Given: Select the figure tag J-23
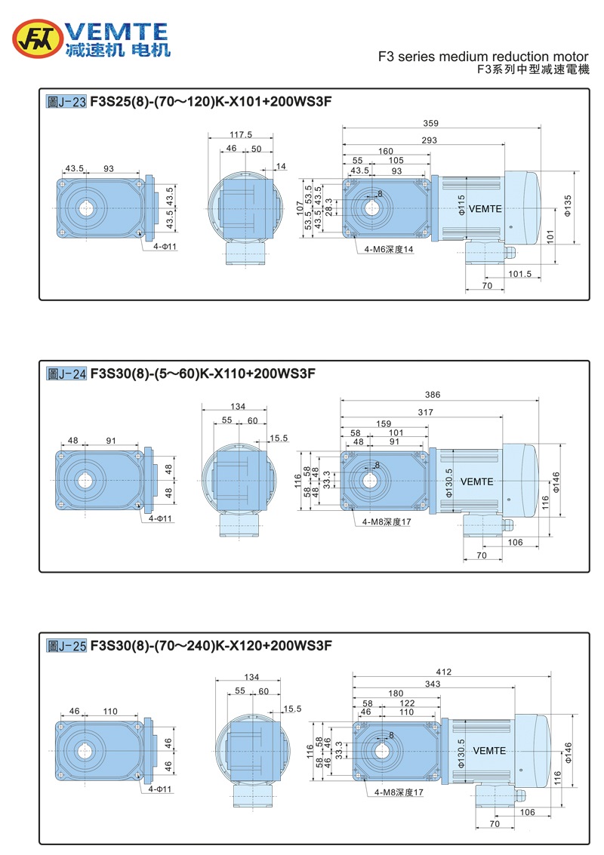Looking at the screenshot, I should coord(66,100).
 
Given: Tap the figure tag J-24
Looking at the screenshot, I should coord(66,373).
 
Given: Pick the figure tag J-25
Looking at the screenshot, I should coord(66,646).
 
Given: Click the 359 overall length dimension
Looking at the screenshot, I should coord(431,122).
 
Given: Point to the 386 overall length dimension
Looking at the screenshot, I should coord(433,395).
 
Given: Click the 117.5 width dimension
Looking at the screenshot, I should coord(240,135).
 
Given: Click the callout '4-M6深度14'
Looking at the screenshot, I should coord(389,250).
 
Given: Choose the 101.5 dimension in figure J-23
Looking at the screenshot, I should coord(519,273).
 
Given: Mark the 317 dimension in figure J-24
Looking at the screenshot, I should coord(425,411).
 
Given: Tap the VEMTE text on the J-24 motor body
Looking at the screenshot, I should coord(476,481).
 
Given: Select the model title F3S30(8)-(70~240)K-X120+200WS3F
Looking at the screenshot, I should coord(211,646).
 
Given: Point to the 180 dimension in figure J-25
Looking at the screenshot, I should coord(396,694).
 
